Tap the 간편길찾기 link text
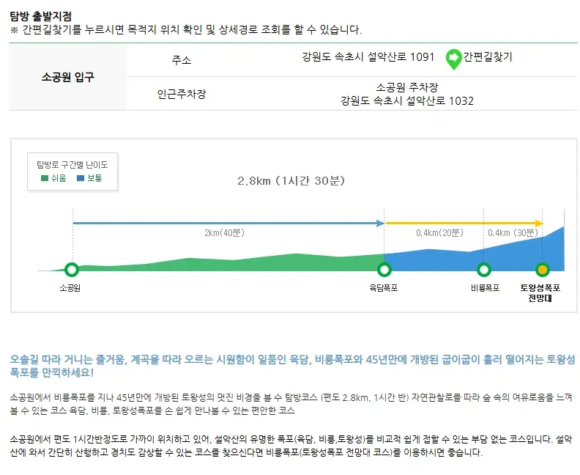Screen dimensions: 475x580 click(x=488, y=57)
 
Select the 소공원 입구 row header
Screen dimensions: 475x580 click(x=68, y=77)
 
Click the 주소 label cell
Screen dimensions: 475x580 click(x=182, y=59)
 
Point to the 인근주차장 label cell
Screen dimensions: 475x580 click(x=182, y=95)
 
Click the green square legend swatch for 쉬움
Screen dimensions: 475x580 click(x=44, y=178)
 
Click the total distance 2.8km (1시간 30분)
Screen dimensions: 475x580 click(x=291, y=180)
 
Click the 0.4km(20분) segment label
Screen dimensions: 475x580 click(x=439, y=233)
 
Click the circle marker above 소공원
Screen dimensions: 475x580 click(x=71, y=270)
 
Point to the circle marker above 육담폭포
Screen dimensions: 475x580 click(x=383, y=270)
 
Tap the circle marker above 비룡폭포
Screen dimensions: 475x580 click(x=483, y=270)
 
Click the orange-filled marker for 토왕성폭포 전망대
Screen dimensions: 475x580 click(x=542, y=270)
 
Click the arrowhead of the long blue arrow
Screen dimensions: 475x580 click(x=381, y=223)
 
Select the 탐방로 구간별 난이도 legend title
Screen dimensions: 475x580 click(x=72, y=164)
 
